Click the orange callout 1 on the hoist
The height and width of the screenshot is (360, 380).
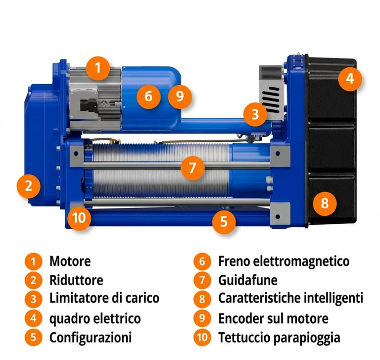tap(98, 68)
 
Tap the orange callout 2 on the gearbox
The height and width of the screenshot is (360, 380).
tap(29, 186)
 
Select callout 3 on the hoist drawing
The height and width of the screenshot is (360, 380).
tap(255, 114)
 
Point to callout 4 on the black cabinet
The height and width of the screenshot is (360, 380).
tap(350, 79)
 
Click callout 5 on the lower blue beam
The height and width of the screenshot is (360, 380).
tap(224, 221)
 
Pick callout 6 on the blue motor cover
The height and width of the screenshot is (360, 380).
tap(148, 96)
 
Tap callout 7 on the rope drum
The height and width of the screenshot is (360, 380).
tap(192, 168)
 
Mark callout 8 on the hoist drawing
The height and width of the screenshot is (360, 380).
tap(325, 204)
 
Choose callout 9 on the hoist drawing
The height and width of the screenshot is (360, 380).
tap(180, 96)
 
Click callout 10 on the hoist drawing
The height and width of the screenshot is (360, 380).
tap(79, 218)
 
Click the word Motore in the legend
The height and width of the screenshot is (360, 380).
tap(70, 261)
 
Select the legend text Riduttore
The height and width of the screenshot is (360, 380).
tap(76, 280)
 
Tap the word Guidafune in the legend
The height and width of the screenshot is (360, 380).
tap(248, 280)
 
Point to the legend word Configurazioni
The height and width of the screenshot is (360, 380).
tap(91, 337)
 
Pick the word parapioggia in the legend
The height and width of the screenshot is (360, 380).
tap(307, 338)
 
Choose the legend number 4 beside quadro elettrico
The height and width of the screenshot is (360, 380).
tap(34, 318)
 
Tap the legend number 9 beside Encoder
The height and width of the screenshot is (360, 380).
tap(202, 318)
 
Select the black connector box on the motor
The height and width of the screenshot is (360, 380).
tap(89, 106)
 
